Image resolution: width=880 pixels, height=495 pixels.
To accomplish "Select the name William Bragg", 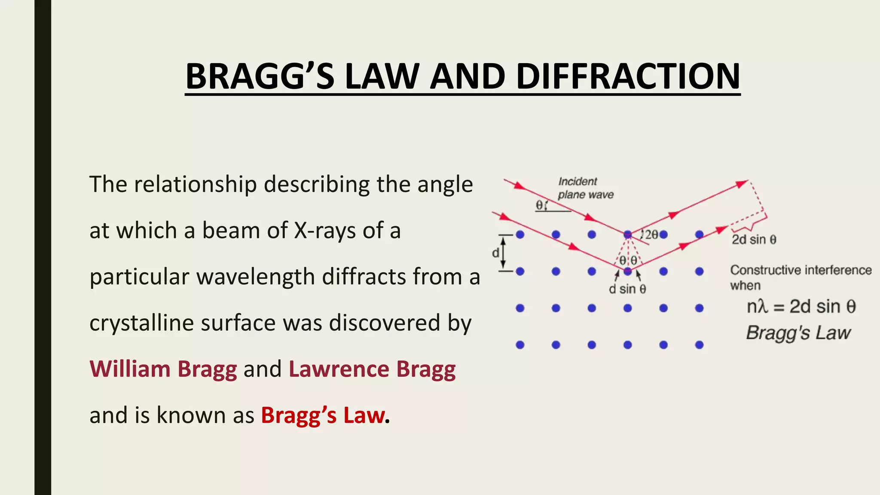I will pyautogui.click(x=163, y=369).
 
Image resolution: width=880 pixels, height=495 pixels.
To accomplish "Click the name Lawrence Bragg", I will pyautogui.click(x=372, y=369).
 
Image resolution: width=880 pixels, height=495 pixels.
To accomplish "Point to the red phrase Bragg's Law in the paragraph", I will pyautogui.click(x=323, y=415).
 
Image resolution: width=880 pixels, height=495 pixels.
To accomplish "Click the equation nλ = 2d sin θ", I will pyautogui.click(x=801, y=306).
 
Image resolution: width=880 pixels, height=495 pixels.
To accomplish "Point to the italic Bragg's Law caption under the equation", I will pyautogui.click(x=798, y=333).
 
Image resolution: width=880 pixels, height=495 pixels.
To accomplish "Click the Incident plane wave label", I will pyautogui.click(x=585, y=188).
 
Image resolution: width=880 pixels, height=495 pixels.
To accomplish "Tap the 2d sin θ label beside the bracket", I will pyautogui.click(x=754, y=239).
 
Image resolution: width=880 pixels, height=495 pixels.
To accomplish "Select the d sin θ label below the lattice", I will pyautogui.click(x=627, y=289).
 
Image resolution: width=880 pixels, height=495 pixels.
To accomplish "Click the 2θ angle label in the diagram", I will pyautogui.click(x=651, y=235).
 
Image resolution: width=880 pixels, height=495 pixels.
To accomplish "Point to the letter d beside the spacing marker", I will pyautogui.click(x=495, y=253).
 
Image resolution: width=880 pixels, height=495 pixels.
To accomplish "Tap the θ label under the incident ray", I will pyautogui.click(x=539, y=205).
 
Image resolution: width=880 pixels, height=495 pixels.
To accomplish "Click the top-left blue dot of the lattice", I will pyautogui.click(x=520, y=235).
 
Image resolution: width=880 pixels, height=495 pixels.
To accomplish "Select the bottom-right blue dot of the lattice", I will pyautogui.click(x=699, y=345).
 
